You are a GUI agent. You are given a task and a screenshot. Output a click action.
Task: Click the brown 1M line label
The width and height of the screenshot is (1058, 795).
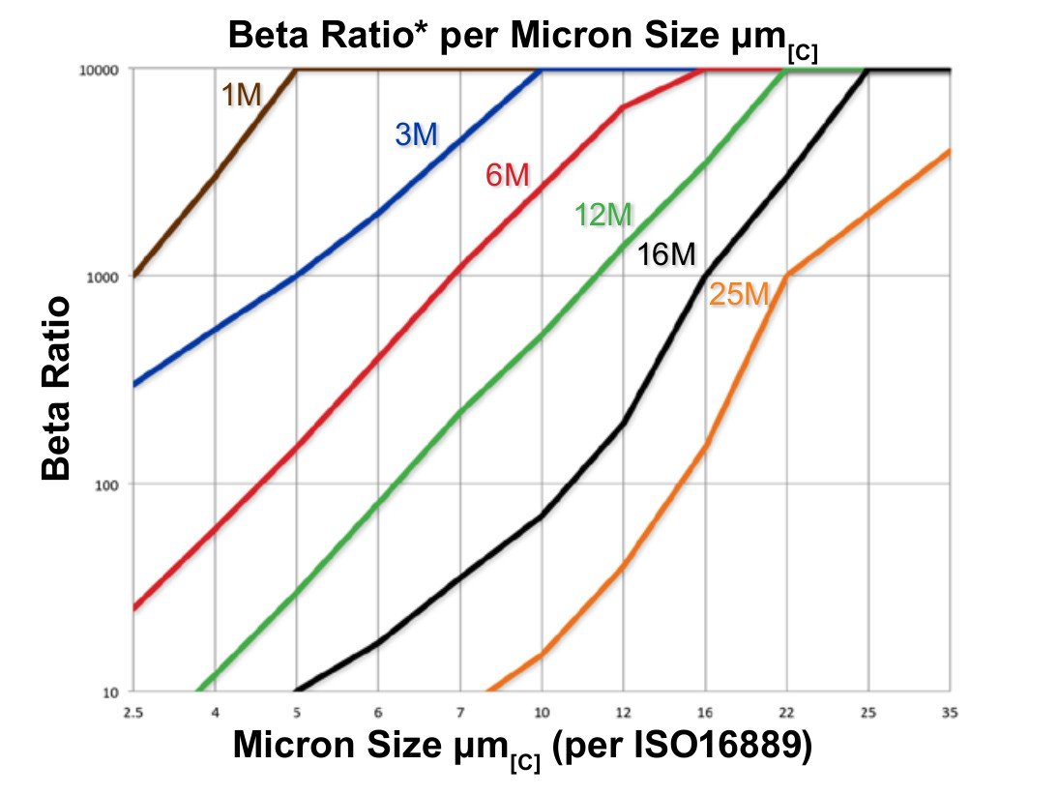tap(242, 96)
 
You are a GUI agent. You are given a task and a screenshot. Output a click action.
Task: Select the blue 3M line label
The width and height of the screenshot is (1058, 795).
tap(416, 135)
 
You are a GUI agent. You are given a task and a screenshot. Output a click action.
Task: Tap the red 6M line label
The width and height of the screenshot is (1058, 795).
tap(507, 176)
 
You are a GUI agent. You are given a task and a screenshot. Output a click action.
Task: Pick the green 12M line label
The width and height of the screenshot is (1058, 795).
tap(602, 216)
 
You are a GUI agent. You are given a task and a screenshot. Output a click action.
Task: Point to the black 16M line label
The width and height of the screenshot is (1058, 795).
tap(666, 255)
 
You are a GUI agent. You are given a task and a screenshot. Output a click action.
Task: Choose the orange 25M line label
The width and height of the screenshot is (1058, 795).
tap(739, 295)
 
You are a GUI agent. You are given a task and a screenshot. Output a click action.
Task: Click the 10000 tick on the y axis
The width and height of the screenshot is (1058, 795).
tap(100, 70)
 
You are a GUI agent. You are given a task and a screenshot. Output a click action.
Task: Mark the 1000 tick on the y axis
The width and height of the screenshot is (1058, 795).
tap(103, 277)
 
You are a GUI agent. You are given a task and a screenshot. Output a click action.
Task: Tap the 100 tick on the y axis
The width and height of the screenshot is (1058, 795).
tap(106, 485)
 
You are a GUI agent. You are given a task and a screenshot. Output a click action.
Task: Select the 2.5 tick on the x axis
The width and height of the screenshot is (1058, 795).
tap(132, 713)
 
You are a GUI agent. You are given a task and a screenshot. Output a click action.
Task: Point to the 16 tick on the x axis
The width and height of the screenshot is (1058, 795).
tap(705, 713)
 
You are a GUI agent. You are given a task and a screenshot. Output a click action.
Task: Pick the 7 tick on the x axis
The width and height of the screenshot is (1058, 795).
tap(459, 713)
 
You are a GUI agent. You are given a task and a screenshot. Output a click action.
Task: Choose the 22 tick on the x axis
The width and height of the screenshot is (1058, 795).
tap(787, 713)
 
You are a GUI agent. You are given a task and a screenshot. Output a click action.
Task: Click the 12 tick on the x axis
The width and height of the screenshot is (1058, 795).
tap(623, 713)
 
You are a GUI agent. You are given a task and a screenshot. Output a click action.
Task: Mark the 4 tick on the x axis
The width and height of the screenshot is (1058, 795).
tap(214, 713)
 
